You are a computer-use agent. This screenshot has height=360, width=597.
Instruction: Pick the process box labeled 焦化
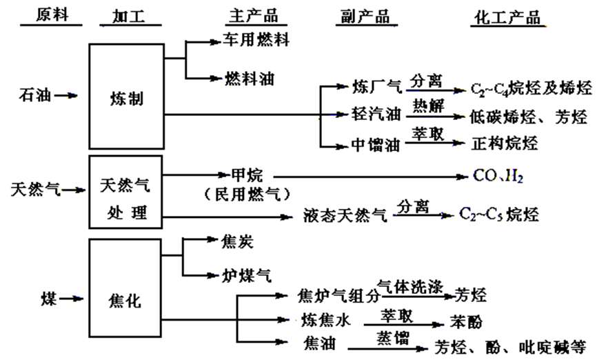tap(126, 301)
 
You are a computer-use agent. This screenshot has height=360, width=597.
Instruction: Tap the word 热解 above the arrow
tap(427, 104)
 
